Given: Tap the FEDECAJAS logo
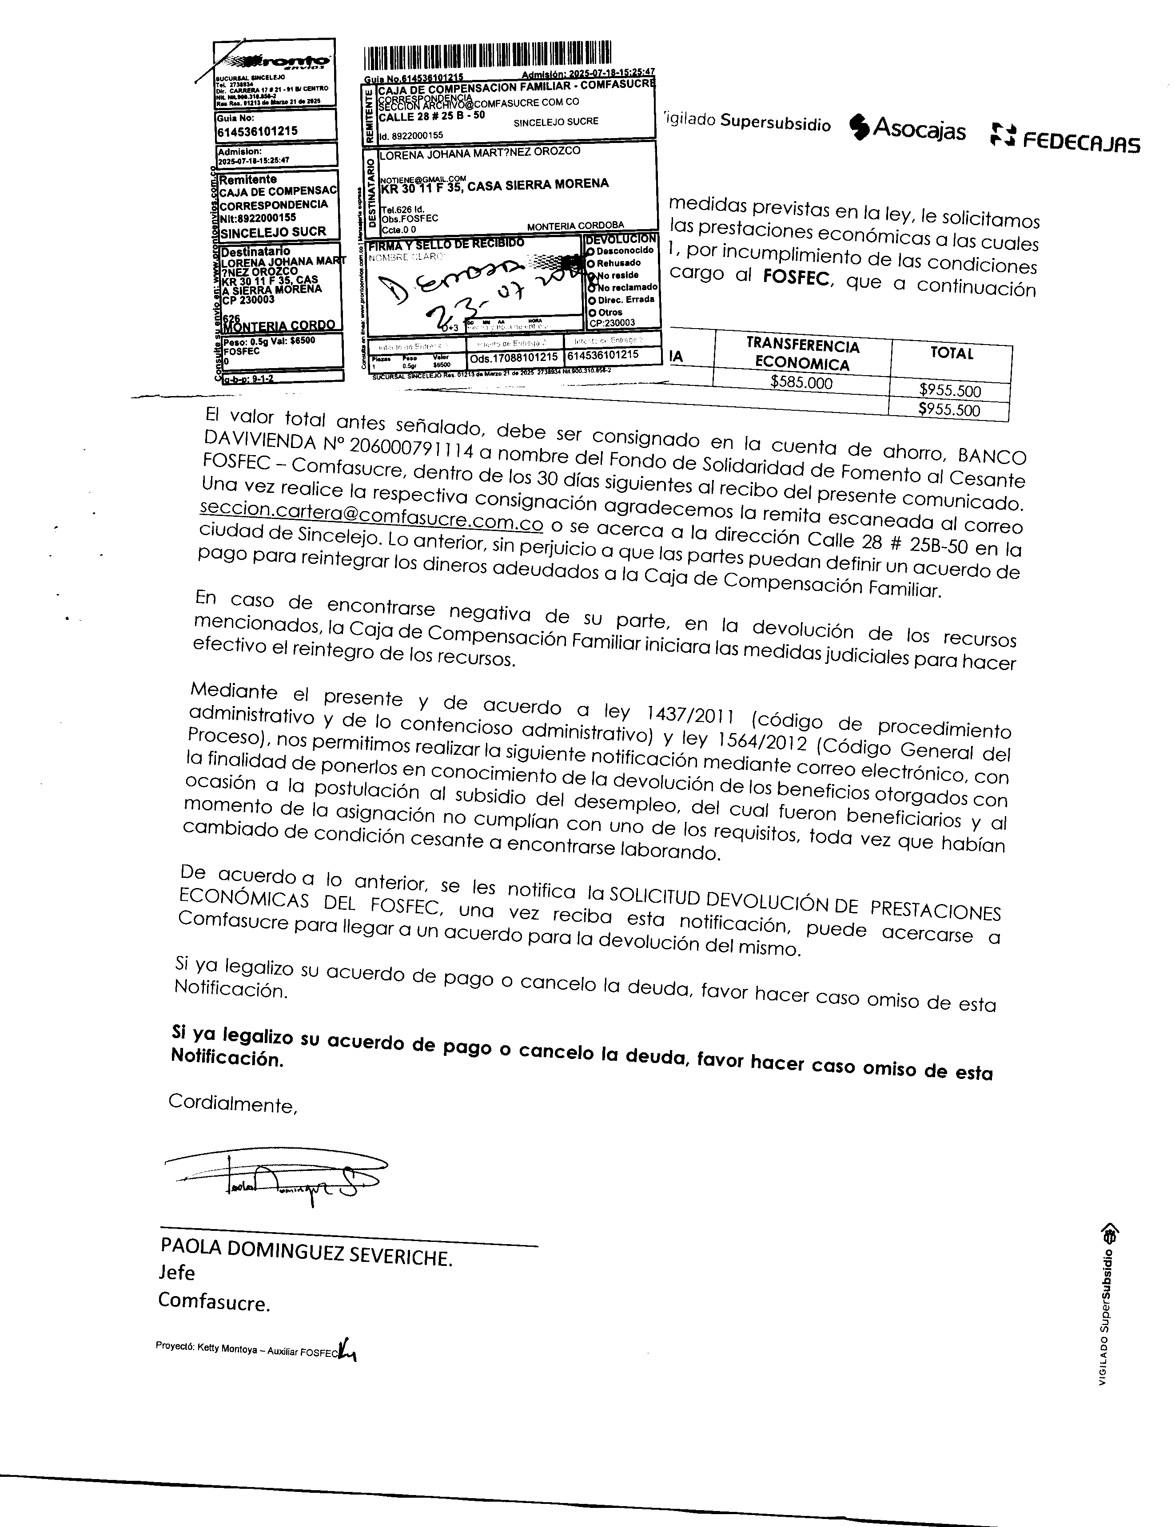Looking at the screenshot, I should click(x=1065, y=139).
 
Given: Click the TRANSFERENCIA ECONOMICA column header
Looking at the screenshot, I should click(x=802, y=354).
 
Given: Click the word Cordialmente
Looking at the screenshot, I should click(x=233, y=1104).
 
